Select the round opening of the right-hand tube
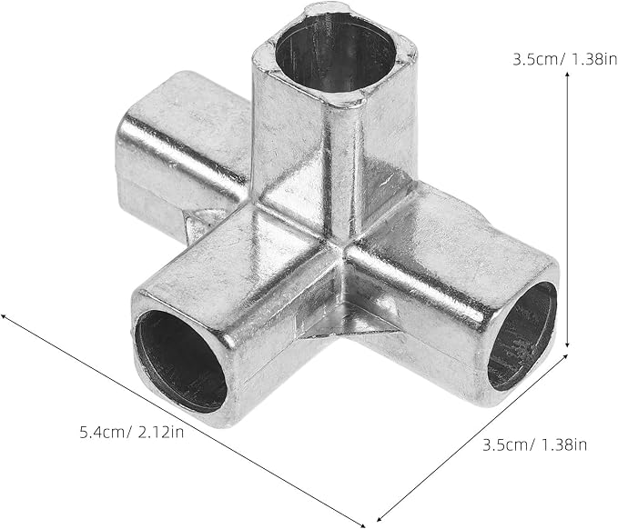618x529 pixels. tap(522, 335)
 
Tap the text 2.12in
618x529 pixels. tap(161, 432)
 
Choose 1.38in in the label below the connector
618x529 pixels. tap(563, 444)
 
